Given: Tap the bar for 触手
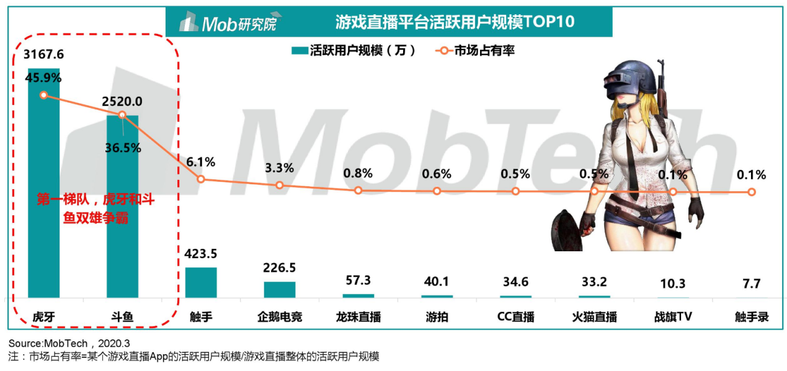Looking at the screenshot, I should tap(201, 283).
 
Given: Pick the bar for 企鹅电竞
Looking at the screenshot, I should tap(280, 290).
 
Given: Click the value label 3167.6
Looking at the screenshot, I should tap(43, 55).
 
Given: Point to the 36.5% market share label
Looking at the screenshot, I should tap(123, 148).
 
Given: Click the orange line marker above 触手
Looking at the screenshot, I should tap(201, 179).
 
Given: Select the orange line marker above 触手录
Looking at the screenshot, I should tap(752, 192).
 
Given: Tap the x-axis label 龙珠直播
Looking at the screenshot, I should tap(358, 318).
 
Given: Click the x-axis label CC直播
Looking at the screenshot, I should tap(515, 318).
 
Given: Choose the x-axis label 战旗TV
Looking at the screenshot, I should tap(673, 318).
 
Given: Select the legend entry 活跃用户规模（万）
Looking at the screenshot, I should tap(353, 51).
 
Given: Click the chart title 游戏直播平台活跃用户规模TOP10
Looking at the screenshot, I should tap(455, 22).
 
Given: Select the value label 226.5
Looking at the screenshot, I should tap(280, 268).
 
